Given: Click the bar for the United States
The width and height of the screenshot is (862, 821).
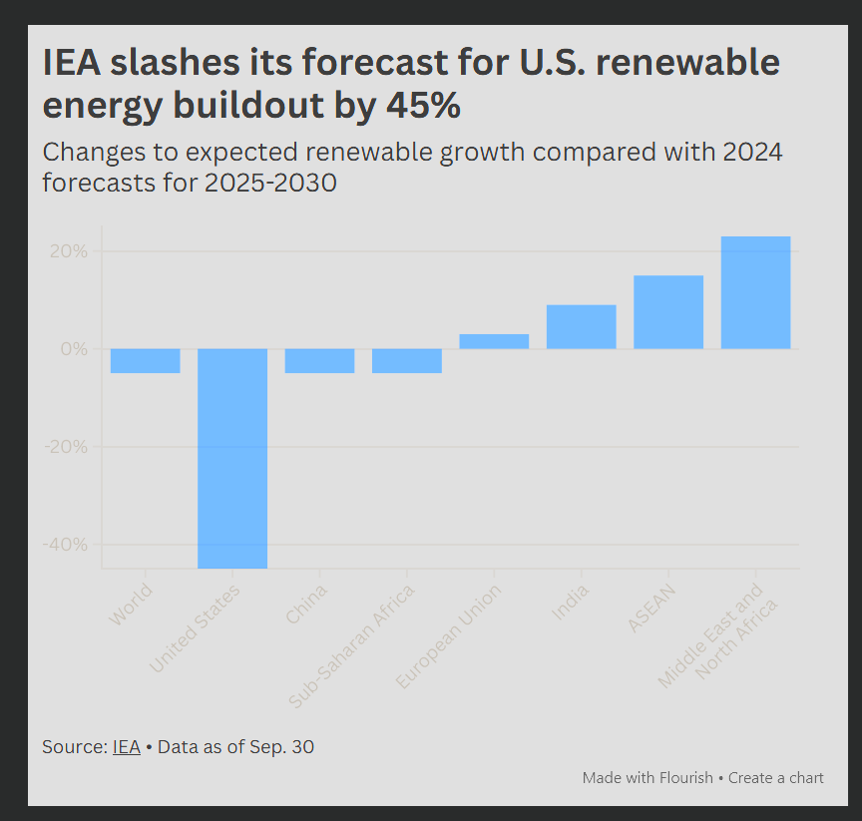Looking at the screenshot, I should [231, 458].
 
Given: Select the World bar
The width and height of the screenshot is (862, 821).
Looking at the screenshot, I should [145, 361].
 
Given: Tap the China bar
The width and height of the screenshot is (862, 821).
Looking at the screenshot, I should [319, 361].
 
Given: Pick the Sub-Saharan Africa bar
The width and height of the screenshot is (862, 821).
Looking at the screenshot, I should [406, 361].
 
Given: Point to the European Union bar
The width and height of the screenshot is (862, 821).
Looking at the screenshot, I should [494, 341].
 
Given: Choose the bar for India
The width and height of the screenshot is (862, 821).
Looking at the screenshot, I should [581, 326].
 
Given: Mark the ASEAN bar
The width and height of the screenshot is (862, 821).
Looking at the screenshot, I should [667, 311].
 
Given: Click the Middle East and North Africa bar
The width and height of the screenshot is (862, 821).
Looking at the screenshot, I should [755, 292].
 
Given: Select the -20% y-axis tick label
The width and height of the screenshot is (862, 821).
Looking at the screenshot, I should [68, 447].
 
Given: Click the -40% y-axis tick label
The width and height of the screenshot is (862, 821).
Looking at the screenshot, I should [68, 545].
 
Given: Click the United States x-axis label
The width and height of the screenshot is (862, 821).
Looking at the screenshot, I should [197, 629].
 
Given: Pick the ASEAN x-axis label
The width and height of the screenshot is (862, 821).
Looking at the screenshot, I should [652, 608].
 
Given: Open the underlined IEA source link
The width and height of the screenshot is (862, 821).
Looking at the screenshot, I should [126, 746].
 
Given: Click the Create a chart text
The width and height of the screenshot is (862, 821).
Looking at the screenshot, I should [776, 777].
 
